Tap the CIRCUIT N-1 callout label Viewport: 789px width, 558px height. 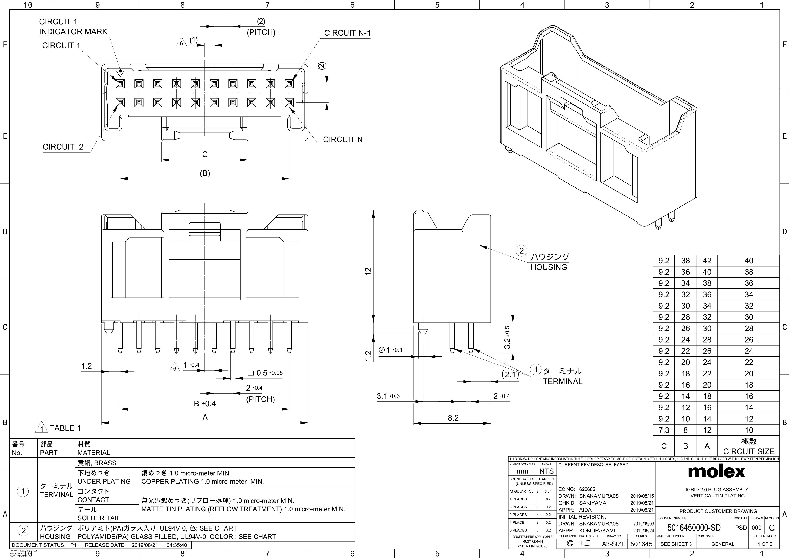(x=347, y=33)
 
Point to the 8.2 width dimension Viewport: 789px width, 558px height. (x=453, y=418)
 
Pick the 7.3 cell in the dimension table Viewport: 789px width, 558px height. (x=664, y=430)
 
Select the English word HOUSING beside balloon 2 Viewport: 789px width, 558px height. (x=549, y=267)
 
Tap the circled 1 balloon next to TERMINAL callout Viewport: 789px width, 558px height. (x=535, y=370)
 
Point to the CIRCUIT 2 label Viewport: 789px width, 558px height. (x=63, y=147)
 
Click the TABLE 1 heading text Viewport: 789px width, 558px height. (x=65, y=428)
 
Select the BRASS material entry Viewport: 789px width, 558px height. (x=97, y=463)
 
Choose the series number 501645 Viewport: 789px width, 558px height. (x=641, y=544)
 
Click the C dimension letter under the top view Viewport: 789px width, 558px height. (x=205, y=154)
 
